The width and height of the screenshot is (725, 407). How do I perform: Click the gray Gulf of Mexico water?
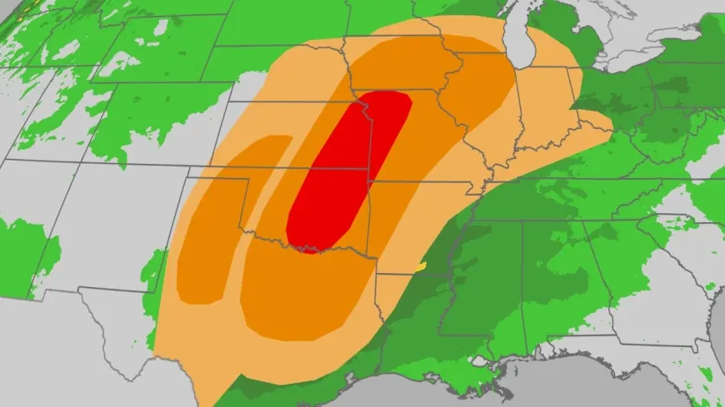point(500,387)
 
